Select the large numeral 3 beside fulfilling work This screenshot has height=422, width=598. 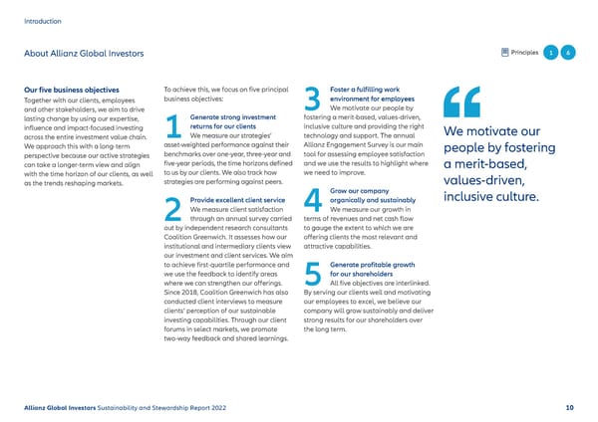(312, 99)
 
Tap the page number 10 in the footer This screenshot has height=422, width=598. (568, 406)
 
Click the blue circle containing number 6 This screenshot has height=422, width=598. (567, 53)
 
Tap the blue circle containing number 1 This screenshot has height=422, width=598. (548, 53)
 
